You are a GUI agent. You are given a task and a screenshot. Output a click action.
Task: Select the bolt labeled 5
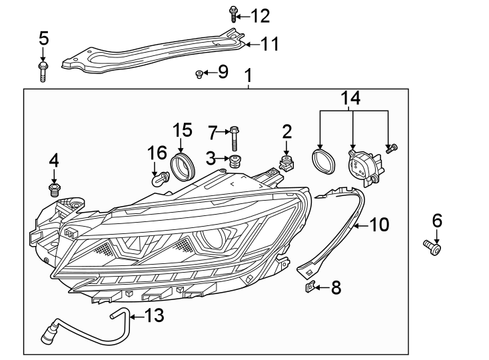43,71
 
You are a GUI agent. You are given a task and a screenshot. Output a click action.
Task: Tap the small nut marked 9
199,73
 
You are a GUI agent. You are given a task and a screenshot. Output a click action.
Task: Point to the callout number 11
269,45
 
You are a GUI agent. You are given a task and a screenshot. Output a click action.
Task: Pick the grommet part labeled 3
235,162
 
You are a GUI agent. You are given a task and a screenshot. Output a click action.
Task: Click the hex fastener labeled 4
55,189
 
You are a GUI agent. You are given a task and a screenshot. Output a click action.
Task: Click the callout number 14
351,99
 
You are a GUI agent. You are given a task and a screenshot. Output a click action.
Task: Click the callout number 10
379,225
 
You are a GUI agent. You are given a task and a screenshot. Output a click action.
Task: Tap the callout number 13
154,315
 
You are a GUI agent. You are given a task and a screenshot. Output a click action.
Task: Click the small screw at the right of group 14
392,148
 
